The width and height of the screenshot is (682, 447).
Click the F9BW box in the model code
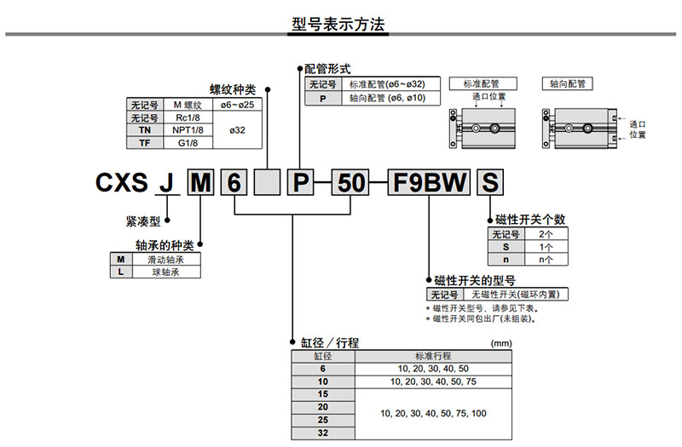click(429, 183)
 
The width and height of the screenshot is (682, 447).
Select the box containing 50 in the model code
click(351, 183)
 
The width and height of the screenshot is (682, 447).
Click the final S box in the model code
click(489, 183)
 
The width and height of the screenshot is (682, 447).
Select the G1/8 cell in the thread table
click(188, 142)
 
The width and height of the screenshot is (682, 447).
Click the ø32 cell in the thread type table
click(238, 130)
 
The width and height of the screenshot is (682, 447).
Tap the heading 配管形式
click(327, 68)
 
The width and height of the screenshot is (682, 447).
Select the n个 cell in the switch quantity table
click(546, 259)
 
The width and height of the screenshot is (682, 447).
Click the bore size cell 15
click(322, 394)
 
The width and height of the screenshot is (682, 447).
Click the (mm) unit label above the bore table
click(502, 343)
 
